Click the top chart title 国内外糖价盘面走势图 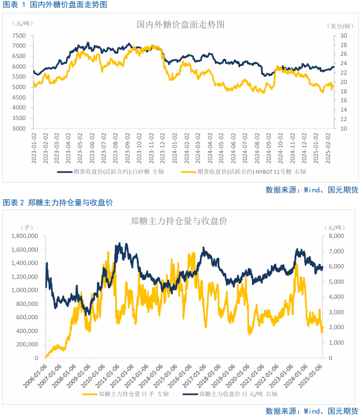coord(181,24)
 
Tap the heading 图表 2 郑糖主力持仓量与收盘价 coord(58,203)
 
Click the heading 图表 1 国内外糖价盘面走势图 coord(55,4)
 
